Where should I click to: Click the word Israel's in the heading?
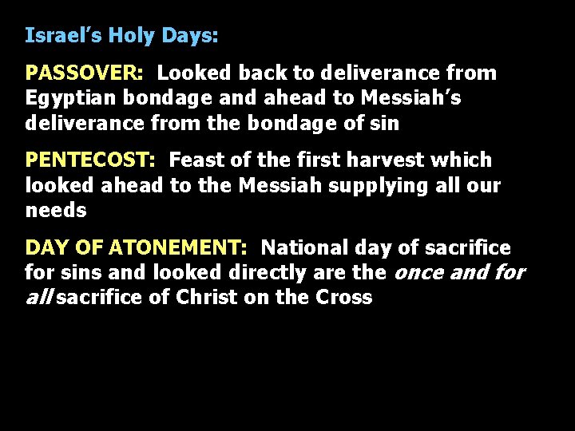64,36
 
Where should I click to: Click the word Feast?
196,160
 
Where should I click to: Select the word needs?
56,211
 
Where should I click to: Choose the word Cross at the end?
344,298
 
